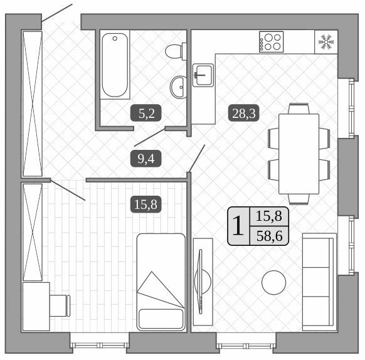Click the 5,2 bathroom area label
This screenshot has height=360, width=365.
point(150,114)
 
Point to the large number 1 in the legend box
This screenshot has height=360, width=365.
point(238,225)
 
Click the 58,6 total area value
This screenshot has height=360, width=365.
point(269,235)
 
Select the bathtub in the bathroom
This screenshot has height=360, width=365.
point(115,65)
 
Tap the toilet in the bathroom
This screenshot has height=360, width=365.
point(176,50)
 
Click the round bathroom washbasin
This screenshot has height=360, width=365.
point(179,83)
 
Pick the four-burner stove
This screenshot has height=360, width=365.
point(271,42)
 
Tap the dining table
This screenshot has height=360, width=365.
point(299,154)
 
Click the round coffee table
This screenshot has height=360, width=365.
point(274,282)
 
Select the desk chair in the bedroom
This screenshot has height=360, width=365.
point(61,305)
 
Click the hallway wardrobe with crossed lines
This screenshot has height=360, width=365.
point(32,103)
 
